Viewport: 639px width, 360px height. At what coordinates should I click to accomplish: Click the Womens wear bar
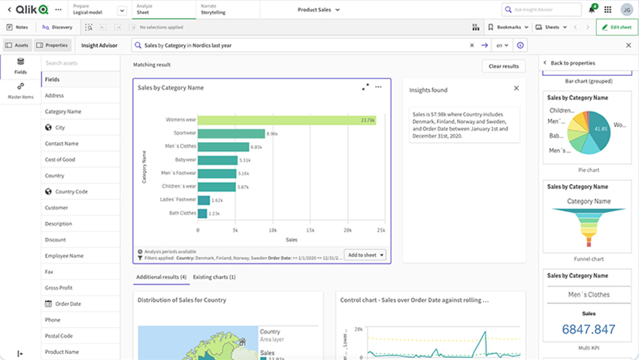click(x=256, y=120)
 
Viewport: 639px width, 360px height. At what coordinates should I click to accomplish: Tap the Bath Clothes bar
click(x=201, y=213)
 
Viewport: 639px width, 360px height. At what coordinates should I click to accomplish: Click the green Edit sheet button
click(x=616, y=27)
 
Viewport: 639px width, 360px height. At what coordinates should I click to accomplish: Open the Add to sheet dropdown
click(x=365, y=255)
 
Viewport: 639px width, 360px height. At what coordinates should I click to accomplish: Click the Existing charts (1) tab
click(x=214, y=277)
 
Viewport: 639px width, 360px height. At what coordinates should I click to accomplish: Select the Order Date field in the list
click(x=68, y=304)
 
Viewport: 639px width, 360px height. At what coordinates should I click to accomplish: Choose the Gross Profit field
click(x=59, y=288)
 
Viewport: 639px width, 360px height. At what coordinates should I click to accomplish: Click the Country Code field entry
click(x=71, y=192)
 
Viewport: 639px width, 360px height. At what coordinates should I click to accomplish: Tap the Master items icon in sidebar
click(x=20, y=89)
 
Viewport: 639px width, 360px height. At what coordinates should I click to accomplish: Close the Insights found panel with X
click(x=516, y=88)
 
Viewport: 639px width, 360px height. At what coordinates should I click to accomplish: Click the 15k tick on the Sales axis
click(x=308, y=230)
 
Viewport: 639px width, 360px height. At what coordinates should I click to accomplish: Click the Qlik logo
click(x=31, y=9)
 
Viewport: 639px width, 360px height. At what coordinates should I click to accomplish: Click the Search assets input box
click(x=79, y=63)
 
